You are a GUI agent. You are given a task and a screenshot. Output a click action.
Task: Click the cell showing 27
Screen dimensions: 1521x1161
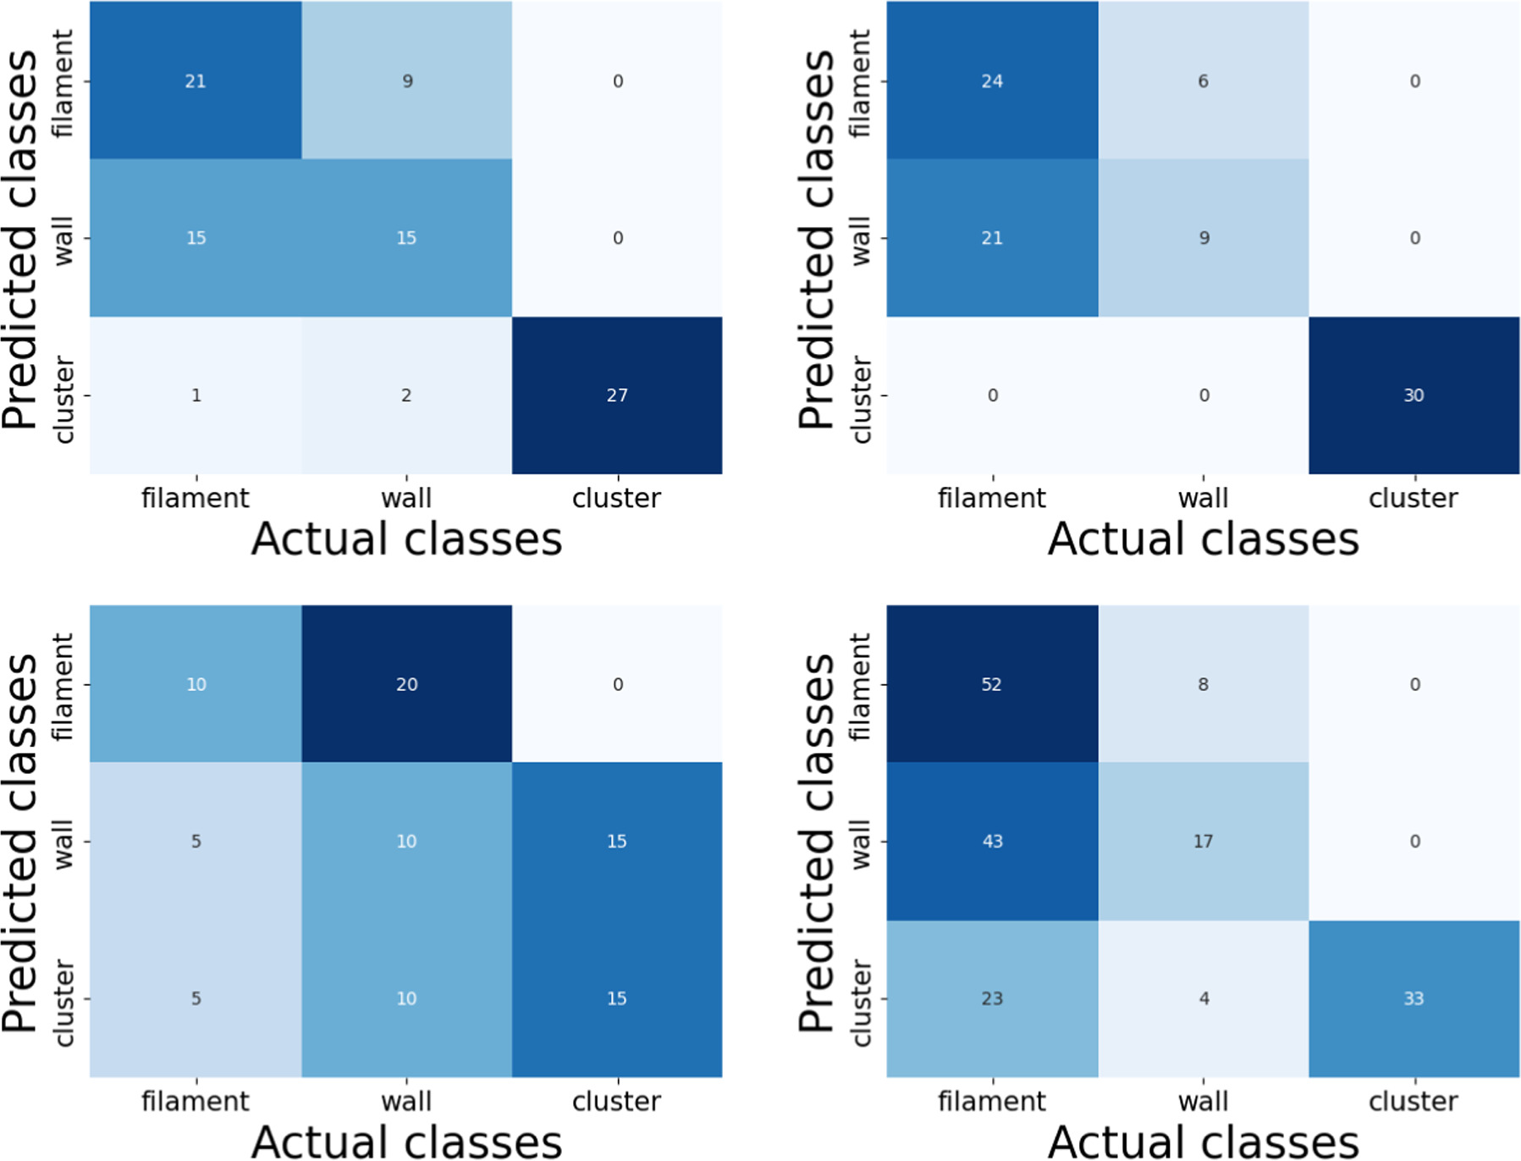tap(617, 395)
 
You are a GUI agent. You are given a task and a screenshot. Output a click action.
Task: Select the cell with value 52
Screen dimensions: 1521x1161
tap(992, 684)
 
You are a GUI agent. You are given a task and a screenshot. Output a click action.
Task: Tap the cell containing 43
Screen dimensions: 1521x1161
tap(992, 842)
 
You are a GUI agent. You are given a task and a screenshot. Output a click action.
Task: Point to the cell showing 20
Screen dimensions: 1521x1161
tap(406, 684)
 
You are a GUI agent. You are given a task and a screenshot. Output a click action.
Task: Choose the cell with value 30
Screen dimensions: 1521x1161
tap(1414, 395)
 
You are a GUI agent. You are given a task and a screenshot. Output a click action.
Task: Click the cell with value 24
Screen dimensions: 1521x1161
tap(992, 80)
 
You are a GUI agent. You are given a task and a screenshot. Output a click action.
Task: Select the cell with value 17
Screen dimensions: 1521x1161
tap(1203, 842)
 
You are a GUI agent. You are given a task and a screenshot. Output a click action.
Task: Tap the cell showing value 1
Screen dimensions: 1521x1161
tap(196, 395)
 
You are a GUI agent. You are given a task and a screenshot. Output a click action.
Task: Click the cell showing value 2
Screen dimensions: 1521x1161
tap(406, 395)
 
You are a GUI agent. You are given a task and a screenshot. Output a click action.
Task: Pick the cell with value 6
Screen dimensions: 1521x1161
tap(1203, 80)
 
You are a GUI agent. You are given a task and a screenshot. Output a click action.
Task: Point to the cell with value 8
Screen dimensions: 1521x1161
tap(1203, 684)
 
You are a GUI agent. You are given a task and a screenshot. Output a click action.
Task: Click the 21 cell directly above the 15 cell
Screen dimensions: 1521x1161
tap(196, 80)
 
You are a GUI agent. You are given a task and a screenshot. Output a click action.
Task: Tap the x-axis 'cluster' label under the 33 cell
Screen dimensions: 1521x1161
tap(1414, 1101)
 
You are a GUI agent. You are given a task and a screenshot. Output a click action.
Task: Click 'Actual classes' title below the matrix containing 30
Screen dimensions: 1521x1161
tap(1203, 539)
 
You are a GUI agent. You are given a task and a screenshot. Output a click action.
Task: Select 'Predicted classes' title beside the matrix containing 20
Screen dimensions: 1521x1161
tap(20, 842)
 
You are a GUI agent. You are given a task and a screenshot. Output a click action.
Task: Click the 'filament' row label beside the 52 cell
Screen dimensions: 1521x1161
tap(860, 686)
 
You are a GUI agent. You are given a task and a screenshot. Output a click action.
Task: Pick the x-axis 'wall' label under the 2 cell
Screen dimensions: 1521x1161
tap(406, 498)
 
